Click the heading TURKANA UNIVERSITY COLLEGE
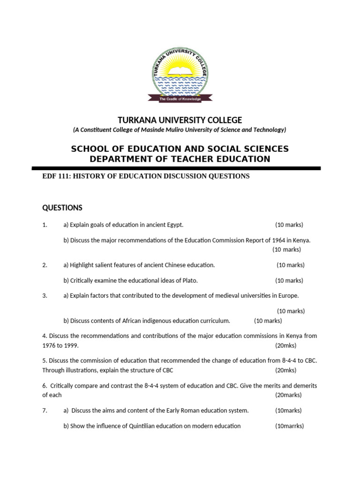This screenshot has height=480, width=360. point(180,120)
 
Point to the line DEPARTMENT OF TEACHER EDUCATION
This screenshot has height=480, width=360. point(180,159)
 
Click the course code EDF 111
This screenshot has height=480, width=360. point(55,176)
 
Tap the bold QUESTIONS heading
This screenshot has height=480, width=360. point(62,208)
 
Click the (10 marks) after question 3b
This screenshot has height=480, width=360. point(268,321)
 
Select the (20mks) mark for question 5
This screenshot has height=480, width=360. point(285,370)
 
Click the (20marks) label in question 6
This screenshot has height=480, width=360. point(288,395)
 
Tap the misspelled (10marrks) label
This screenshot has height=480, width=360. point(289,426)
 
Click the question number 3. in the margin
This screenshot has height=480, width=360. point(45,296)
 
